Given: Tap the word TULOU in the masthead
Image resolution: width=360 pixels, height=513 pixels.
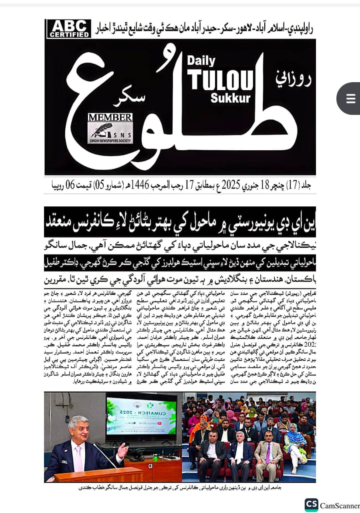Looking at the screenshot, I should point(221,79).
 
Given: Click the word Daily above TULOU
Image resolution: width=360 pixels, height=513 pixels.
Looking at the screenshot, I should point(201,61).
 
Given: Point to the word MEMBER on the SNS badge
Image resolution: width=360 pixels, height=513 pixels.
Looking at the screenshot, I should point(110,117).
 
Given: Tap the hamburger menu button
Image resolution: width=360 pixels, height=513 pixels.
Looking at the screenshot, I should point(350,99).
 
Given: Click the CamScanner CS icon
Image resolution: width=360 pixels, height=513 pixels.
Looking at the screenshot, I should point(311,505).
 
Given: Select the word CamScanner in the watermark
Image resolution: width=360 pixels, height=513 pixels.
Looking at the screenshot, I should point(340,505).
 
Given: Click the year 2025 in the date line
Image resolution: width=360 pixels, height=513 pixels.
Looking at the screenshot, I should point(229,185).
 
